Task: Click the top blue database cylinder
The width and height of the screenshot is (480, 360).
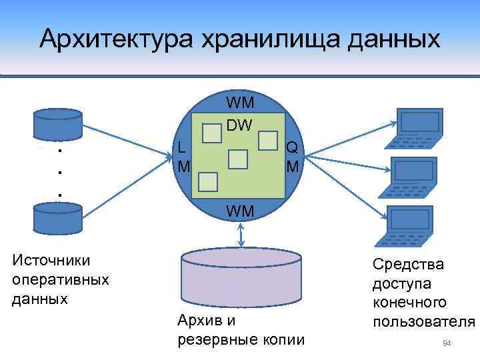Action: coord(58,121)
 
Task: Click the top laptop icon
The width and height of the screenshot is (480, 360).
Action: coord(415,129)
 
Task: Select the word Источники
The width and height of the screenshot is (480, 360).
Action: coord(51,260)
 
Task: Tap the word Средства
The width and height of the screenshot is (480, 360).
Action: coord(408,265)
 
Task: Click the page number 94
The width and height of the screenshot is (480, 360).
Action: coord(447,343)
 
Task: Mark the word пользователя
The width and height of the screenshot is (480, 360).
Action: coord(424,322)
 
